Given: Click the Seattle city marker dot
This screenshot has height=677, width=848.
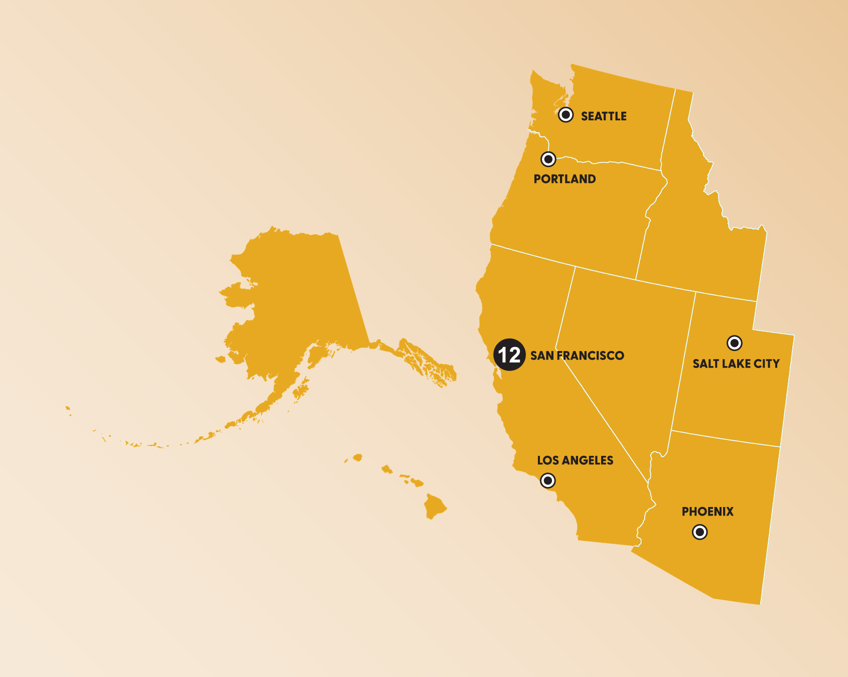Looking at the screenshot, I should tap(566, 115).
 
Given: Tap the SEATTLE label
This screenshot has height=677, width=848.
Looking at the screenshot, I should tap(604, 116).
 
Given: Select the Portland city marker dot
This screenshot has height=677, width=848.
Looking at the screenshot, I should tap(548, 159).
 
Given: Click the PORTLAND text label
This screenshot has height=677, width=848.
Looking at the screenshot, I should tap(564, 179).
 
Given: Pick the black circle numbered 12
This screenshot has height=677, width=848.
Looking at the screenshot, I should tap(509, 355).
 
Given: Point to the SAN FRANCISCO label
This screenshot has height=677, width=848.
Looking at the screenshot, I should tap(577, 356).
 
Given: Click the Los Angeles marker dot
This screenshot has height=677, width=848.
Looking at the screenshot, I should tap(548, 481).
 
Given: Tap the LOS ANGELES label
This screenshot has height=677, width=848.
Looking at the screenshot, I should tap(575, 460).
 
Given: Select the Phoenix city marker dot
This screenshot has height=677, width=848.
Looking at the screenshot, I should tap(700, 532).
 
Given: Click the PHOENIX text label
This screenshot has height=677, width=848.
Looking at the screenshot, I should tap(708, 512).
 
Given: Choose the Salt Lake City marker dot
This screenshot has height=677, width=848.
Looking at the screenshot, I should tap(735, 343).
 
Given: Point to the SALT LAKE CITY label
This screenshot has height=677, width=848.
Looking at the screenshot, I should tap(736, 364).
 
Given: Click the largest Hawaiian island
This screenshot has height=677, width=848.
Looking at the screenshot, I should tap(435, 505).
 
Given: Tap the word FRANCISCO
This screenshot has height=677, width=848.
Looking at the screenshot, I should tap(590, 356).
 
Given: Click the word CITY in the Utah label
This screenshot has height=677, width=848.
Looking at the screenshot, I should tap(767, 364).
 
